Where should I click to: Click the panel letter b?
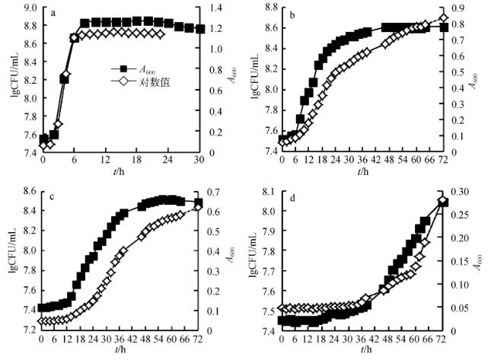click(x=294, y=14)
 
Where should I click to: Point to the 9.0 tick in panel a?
click(x=30, y=8)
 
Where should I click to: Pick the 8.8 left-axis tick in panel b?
click(x=269, y=8)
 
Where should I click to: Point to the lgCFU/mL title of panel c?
click(x=12, y=259)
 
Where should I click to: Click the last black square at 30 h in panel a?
click(x=199, y=29)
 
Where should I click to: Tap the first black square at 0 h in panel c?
click(x=42, y=308)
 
